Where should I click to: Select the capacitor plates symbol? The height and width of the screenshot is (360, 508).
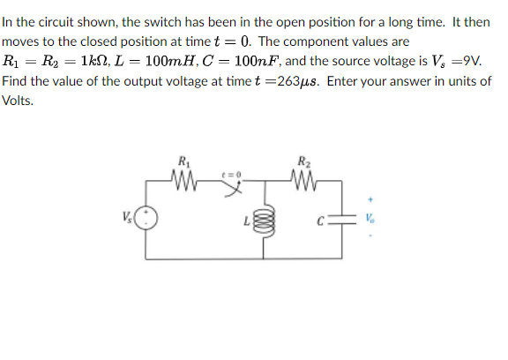click(347, 218)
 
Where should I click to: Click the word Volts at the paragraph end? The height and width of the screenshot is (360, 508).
click(17, 101)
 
